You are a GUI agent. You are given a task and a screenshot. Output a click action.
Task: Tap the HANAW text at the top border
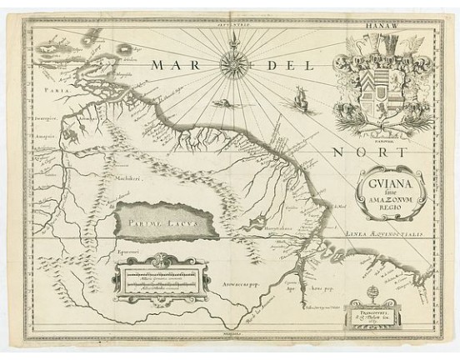[381, 25]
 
